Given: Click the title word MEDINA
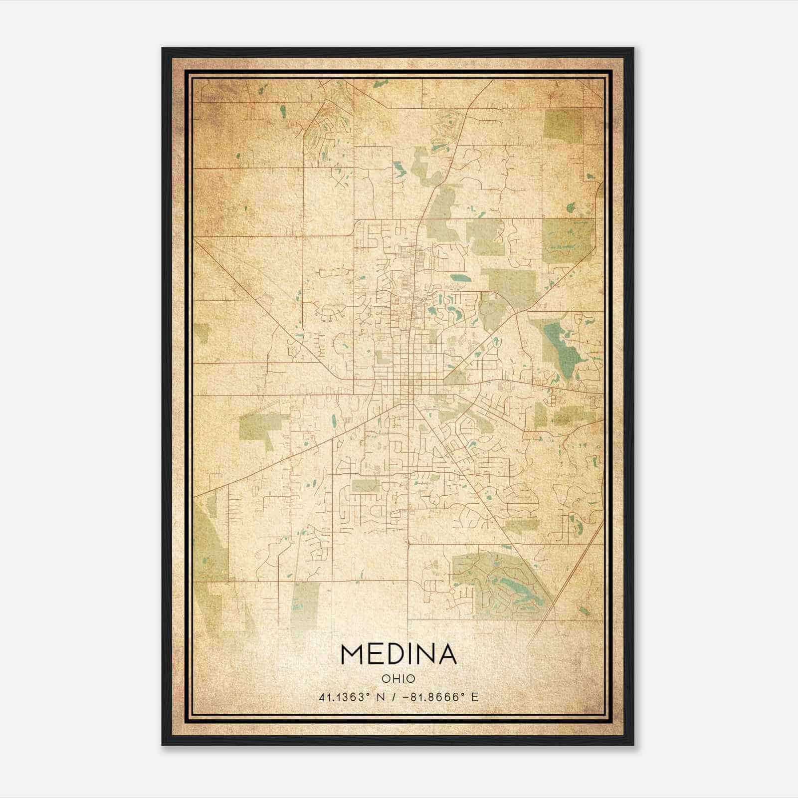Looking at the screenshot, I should coord(399,654).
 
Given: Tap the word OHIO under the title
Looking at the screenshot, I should coord(399,679).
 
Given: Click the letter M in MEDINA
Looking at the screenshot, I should coord(353,654).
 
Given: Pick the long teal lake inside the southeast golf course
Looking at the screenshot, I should coord(514,589).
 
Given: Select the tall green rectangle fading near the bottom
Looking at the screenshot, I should coord(305,603).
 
